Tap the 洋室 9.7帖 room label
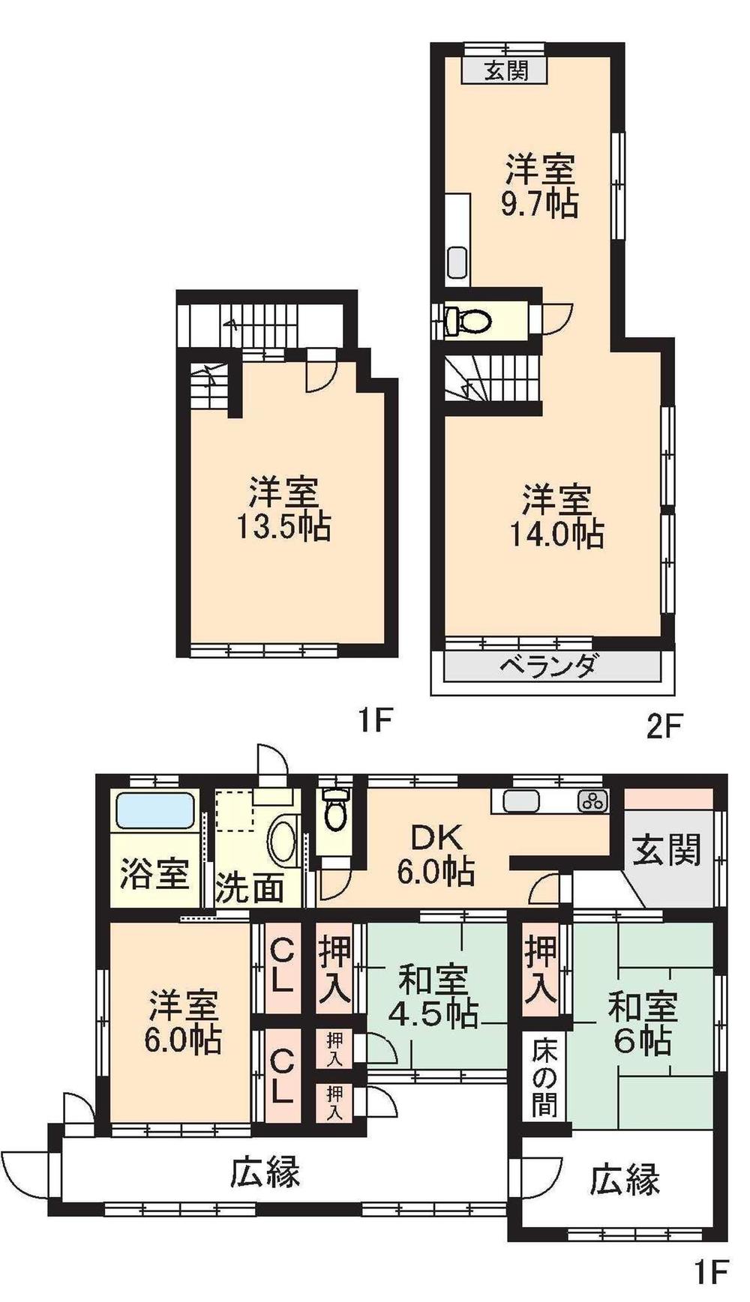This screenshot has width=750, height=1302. (x=539, y=186)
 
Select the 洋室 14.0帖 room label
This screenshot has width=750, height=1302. (x=556, y=516)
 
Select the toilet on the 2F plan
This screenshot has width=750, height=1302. (x=469, y=322)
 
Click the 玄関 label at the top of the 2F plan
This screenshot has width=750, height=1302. (x=506, y=71)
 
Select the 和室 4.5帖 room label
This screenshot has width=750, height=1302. (x=433, y=997)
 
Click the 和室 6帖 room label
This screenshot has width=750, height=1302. (x=642, y=1024)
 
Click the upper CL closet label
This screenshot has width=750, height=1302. (x=281, y=966)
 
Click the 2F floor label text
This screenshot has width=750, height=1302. (x=663, y=726)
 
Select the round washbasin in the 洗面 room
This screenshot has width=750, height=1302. (x=283, y=843)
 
